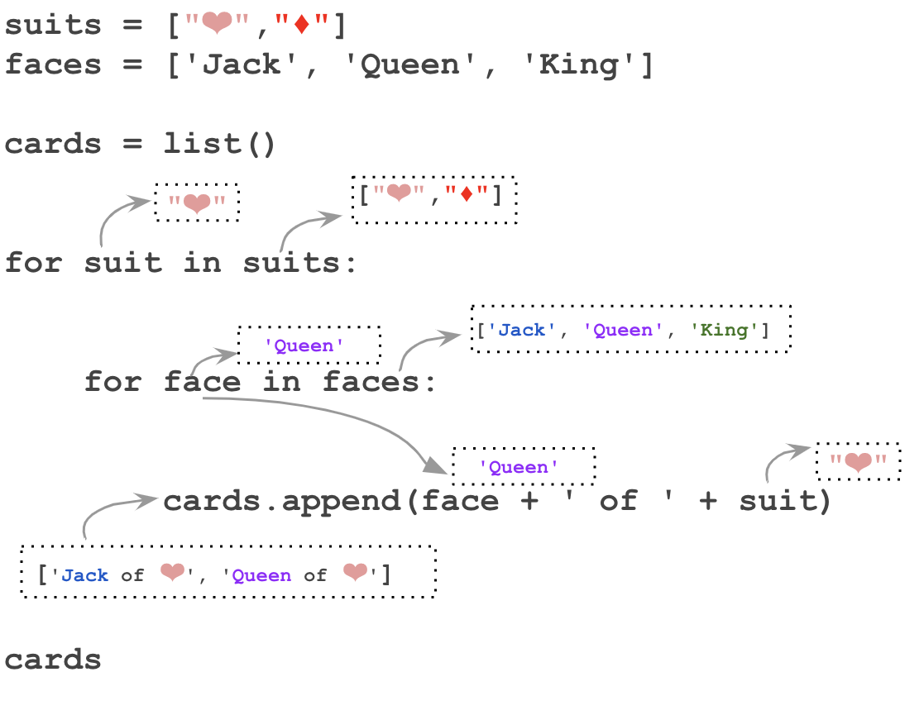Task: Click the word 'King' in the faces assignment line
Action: pyautogui.click(x=587, y=65)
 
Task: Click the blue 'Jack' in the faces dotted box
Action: pyautogui.click(x=522, y=331)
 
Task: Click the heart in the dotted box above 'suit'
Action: pyautogui.click(x=197, y=203)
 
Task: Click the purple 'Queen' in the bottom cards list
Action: pyautogui.click(x=261, y=575)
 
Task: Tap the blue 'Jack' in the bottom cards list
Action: pyautogui.click(x=85, y=575)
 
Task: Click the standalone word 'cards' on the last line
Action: pyautogui.click(x=53, y=660)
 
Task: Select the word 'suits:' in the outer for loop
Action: pyautogui.click(x=302, y=264)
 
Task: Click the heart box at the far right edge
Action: pyautogui.click(x=858, y=462)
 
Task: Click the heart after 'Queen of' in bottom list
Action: pyautogui.click(x=355, y=573)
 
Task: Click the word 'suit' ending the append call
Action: pyautogui.click(x=778, y=501)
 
